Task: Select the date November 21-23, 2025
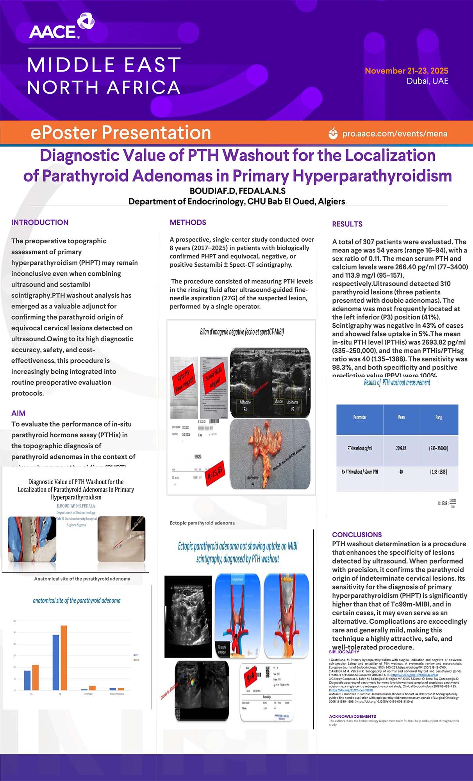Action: coord(406,71)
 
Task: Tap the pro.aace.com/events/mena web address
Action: coord(394,134)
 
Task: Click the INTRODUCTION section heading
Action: coord(40,222)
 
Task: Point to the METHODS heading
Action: coord(188,222)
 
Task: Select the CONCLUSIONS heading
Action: coord(357,535)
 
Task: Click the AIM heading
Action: coord(18,413)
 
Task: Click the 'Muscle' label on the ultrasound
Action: coord(278,401)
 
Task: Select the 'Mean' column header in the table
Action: coord(401,417)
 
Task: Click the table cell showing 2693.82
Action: coord(401,448)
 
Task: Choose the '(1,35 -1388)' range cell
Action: coord(438,472)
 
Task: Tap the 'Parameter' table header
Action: coord(360,417)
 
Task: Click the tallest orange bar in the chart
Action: coord(64,658)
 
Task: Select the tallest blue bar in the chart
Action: coord(56,663)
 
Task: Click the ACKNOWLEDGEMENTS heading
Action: coord(352,717)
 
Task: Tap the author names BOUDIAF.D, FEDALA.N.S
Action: coord(237,191)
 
